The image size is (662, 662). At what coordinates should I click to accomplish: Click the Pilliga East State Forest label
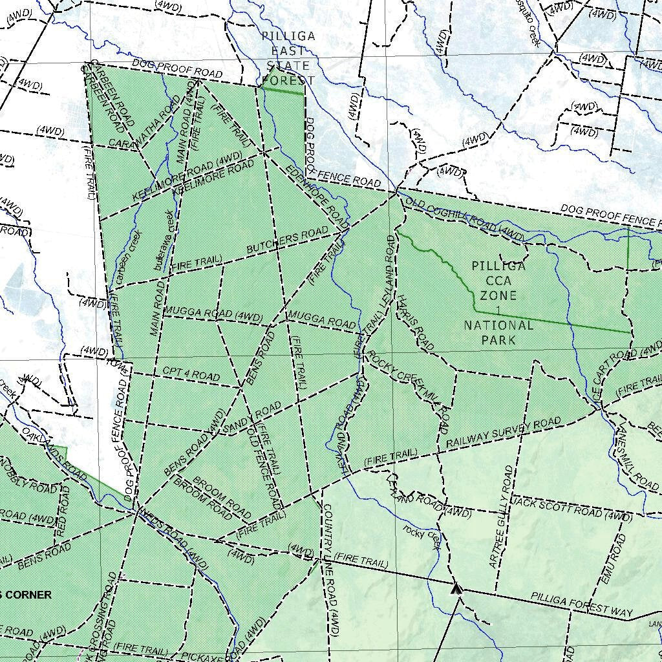pos(289,58)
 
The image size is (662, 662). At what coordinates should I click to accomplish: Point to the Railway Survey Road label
pos(504,433)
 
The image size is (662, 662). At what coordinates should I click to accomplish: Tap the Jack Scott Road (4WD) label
pos(572,511)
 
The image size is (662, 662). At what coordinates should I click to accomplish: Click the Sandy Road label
pos(251,418)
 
